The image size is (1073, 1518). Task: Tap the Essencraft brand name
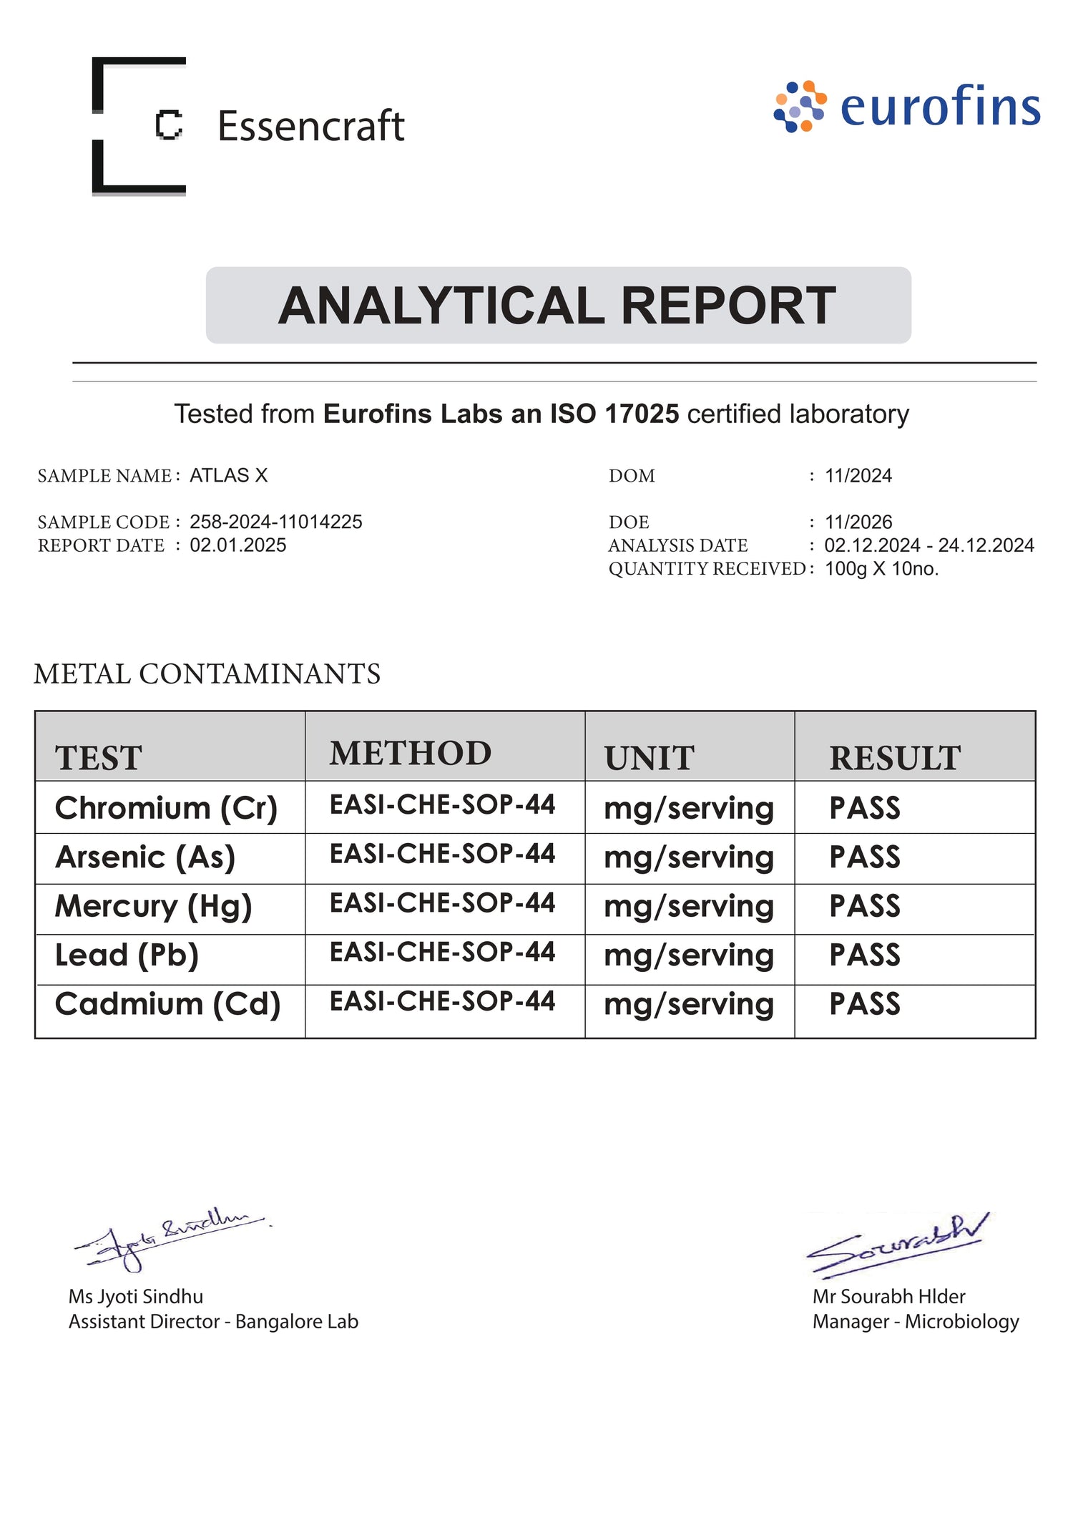(310, 127)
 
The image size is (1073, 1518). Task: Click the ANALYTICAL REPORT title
(557, 306)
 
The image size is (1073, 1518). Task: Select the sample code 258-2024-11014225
(275, 522)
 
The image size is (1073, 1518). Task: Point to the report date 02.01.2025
(237, 545)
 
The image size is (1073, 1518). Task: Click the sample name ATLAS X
(228, 476)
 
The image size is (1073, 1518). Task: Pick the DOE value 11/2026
(858, 522)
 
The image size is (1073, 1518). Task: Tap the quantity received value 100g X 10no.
(881, 569)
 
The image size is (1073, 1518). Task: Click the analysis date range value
(929, 545)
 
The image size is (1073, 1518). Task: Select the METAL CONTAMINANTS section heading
(207, 674)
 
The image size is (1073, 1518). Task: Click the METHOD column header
(410, 754)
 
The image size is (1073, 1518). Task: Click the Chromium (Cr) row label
(166, 808)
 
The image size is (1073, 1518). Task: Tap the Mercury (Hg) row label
(153, 907)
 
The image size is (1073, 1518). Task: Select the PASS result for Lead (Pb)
(864, 955)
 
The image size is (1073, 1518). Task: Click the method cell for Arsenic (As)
(442, 854)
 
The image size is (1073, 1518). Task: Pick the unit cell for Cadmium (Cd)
(688, 1005)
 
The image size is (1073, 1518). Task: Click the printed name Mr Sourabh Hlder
(888, 1297)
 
